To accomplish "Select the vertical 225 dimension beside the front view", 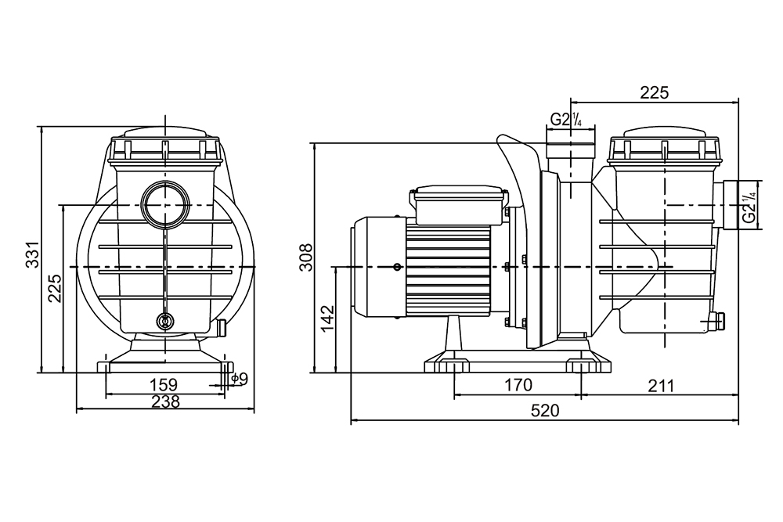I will [x=54, y=289].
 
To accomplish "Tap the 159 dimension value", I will [x=164, y=384].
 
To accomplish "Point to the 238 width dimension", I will [x=165, y=401].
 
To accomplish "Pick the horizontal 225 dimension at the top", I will [x=654, y=92].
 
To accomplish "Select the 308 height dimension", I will [x=307, y=257].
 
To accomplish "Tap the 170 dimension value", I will [x=518, y=384].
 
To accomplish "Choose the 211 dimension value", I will [x=660, y=384].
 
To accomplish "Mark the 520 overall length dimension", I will [x=544, y=410].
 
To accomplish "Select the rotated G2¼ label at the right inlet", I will [x=750, y=206].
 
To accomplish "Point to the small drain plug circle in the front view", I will [x=164, y=321].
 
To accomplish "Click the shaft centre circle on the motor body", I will [x=399, y=268].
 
